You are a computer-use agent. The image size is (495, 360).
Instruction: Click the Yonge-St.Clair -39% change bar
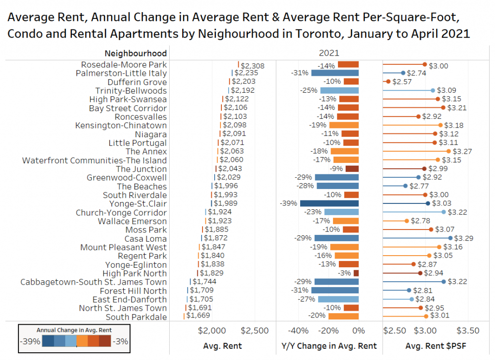[329, 203]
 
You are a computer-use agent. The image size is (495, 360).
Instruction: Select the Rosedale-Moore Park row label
[124, 65]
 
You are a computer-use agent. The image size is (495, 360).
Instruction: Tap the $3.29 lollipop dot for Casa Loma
[451, 238]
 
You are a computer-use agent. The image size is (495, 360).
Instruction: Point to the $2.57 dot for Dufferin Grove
[388, 82]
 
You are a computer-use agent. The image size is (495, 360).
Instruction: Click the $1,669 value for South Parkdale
[198, 317]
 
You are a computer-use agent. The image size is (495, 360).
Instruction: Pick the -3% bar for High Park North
[356, 273]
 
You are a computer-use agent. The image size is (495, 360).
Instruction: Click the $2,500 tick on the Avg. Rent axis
[254, 331]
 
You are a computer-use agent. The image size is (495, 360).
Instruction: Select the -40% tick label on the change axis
[298, 331]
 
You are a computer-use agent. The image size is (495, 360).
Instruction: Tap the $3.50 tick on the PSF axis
[468, 331]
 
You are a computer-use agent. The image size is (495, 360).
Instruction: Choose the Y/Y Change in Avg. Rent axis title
[329, 346]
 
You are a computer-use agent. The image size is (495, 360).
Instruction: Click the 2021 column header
[329, 53]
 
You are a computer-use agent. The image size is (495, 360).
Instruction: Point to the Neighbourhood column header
[135, 53]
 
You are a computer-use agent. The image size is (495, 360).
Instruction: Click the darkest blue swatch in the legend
[48, 342]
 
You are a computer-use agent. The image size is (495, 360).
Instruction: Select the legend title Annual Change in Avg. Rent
[74, 330]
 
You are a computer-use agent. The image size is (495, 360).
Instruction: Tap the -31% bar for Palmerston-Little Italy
[335, 73]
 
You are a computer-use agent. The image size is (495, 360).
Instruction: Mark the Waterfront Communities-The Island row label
[94, 160]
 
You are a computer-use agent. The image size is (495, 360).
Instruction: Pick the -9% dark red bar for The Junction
[352, 169]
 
